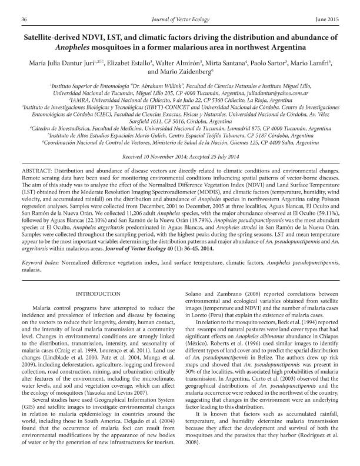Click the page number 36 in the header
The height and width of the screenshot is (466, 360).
pyautogui.click(x=25, y=19)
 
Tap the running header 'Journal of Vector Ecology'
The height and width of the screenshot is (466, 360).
pyautogui.click(x=179, y=19)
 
